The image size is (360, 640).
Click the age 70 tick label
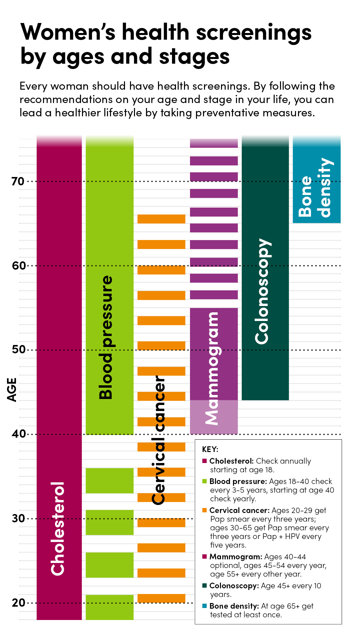point(18,181)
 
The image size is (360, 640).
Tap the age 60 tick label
point(19,266)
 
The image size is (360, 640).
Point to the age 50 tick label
point(19,350)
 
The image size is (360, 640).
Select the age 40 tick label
point(19,434)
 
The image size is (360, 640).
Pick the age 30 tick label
point(18,518)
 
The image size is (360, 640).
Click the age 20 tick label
point(18,603)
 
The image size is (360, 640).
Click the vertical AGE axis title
point(12,390)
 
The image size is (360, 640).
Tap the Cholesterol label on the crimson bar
point(58,528)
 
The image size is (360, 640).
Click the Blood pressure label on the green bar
point(106,337)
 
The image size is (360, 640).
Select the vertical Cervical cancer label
point(158,440)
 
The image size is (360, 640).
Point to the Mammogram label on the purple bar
point(212,368)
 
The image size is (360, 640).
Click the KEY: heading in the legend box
point(210,449)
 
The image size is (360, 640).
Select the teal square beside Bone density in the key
point(205,606)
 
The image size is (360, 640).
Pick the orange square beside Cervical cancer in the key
point(205,510)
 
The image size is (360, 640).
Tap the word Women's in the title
point(68,32)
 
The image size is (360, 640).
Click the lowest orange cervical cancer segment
point(161,598)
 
